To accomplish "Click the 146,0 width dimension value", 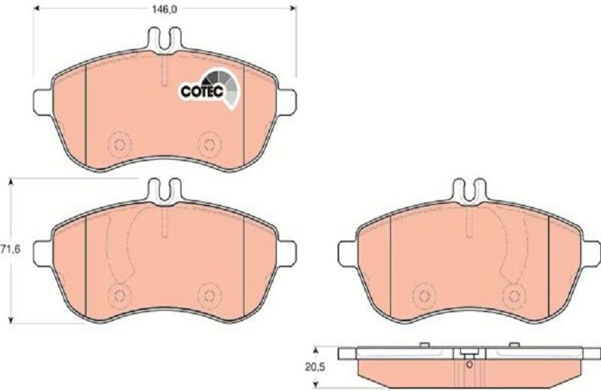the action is (x=164, y=9).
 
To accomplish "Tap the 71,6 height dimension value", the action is (x=11, y=250).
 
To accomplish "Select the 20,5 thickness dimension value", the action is (x=315, y=368).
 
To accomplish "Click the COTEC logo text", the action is (x=202, y=91).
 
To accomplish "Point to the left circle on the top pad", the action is (x=120, y=144).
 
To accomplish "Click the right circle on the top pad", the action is (x=210, y=144).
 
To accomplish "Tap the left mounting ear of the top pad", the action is (x=42, y=102).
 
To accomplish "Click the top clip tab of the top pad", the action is (x=164, y=39).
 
